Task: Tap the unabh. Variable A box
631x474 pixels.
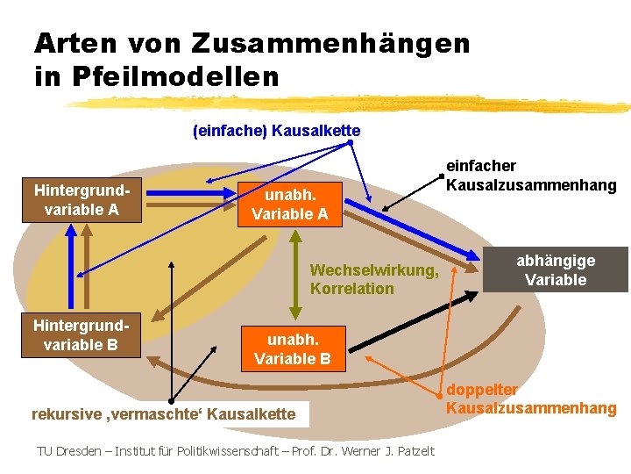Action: click(x=290, y=204)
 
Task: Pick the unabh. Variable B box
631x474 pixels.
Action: click(x=292, y=348)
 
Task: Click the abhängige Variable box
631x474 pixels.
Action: click(x=555, y=270)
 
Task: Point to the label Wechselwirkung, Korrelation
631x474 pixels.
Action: click(x=373, y=279)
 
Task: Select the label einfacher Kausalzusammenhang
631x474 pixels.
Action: click(x=531, y=176)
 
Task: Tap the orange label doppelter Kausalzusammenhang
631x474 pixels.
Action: click(x=531, y=399)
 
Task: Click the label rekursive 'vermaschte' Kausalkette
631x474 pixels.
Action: click(x=164, y=413)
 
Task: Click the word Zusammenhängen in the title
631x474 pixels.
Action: click(x=330, y=43)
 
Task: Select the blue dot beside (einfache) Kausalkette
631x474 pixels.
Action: click(x=350, y=142)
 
